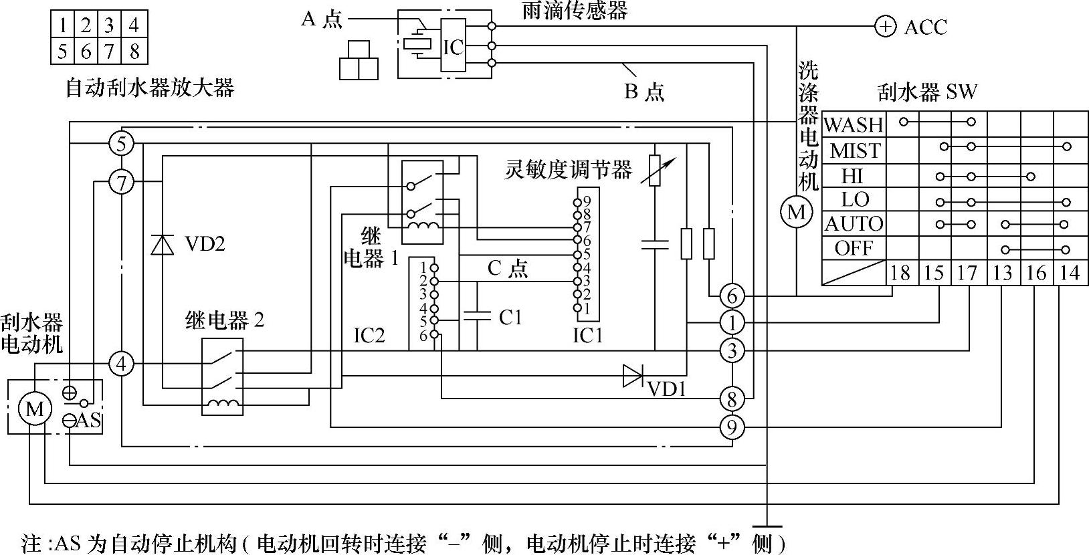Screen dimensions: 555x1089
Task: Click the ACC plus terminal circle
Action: click(x=885, y=27)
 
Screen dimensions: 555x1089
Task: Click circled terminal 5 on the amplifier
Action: click(x=121, y=143)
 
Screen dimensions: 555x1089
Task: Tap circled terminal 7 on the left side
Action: click(x=121, y=182)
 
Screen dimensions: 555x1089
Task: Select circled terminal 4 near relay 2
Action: click(x=121, y=364)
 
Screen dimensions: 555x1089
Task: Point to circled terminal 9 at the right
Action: click(x=732, y=427)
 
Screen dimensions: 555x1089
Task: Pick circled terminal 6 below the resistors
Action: click(x=732, y=296)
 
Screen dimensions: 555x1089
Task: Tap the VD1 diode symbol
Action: click(x=633, y=376)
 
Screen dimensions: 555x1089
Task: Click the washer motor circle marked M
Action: click(x=796, y=212)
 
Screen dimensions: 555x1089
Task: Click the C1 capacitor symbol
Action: click(x=476, y=316)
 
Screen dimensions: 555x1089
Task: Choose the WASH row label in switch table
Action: click(x=854, y=124)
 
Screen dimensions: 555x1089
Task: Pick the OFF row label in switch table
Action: click(x=854, y=249)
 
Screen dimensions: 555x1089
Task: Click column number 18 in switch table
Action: click(x=901, y=273)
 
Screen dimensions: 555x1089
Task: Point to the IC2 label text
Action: click(x=369, y=336)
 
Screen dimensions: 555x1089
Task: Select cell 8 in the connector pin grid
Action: click(x=134, y=51)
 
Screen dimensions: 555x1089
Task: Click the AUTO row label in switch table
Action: click(x=854, y=223)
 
